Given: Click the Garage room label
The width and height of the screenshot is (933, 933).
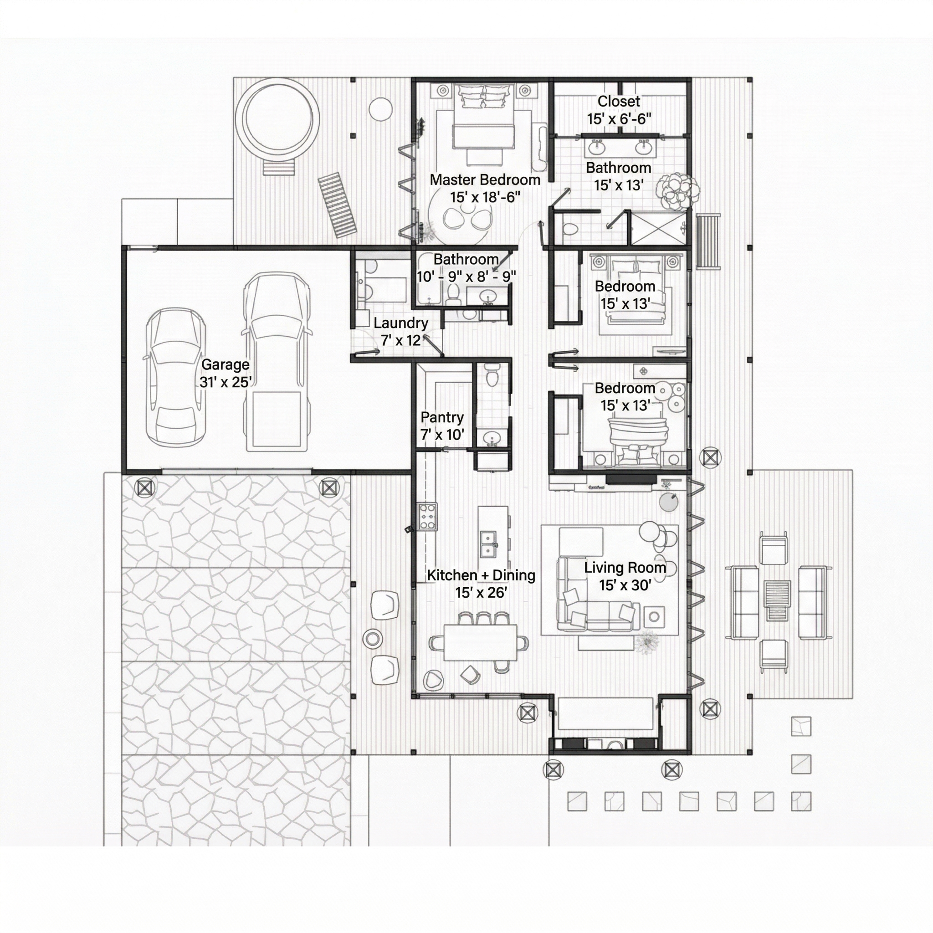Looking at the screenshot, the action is point(226,373).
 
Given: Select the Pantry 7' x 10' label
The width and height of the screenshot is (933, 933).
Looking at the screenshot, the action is point(442,425).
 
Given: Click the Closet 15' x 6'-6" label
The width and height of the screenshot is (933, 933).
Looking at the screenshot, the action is point(619,110).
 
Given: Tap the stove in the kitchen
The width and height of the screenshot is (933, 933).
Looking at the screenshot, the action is point(428,517).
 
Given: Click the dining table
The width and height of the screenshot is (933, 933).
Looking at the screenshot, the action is point(480,642).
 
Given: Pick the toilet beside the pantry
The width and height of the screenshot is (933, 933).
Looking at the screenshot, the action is point(492,375).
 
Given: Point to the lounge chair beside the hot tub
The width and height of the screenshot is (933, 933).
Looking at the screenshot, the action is point(338,206).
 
